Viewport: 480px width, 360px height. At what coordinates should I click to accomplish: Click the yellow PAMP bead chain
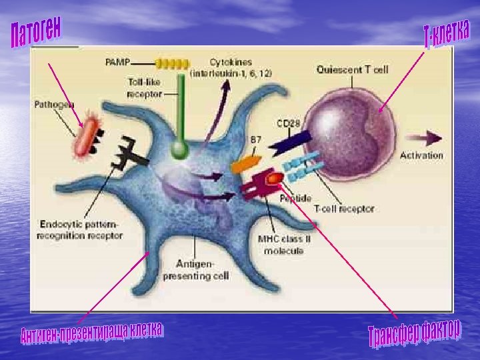click(x=172, y=64)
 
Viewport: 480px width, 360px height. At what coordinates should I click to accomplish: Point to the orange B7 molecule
click(x=245, y=163)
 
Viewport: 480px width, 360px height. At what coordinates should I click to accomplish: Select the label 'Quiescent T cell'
click(x=353, y=69)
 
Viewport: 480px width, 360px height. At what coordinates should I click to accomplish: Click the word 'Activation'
click(x=421, y=155)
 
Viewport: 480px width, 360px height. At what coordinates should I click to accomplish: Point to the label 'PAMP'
click(x=118, y=62)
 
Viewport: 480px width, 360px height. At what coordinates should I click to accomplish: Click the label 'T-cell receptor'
click(x=344, y=209)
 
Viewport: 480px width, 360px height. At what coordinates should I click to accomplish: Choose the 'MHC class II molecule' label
click(x=283, y=245)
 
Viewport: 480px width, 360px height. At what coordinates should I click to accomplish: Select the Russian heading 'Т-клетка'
click(x=447, y=33)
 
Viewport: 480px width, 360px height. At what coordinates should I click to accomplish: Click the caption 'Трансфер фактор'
click(x=414, y=334)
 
